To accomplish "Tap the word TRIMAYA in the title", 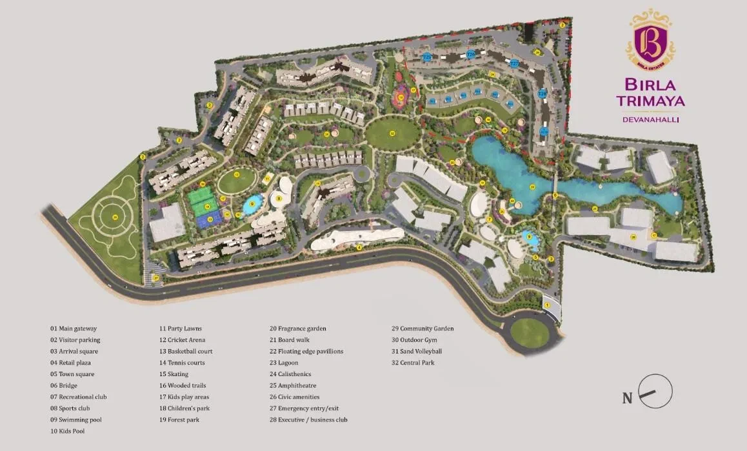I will (x=650, y=101).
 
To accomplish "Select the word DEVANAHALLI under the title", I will (x=650, y=119).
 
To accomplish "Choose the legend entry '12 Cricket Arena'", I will (x=182, y=340).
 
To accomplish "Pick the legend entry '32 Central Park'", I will (x=413, y=363).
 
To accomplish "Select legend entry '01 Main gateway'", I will (x=74, y=328).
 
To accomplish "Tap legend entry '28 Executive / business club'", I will (x=308, y=420).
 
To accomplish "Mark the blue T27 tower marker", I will (x=514, y=64).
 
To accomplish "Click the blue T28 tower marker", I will (x=543, y=94).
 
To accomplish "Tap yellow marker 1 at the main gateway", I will (x=547, y=305).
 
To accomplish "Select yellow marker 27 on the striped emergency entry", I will (x=156, y=278).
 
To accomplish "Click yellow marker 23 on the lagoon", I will (x=532, y=187).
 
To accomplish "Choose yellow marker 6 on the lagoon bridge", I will (x=555, y=194).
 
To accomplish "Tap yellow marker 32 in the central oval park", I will (x=392, y=134).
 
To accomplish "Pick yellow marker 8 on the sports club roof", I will (x=279, y=199).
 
